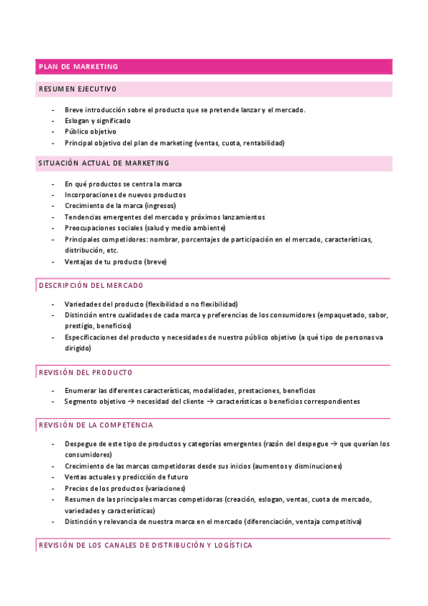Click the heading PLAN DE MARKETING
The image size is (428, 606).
point(78,66)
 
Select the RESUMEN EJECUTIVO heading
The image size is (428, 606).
point(77,89)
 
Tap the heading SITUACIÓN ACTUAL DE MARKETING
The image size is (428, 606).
point(104,163)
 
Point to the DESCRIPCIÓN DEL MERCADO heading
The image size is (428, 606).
point(90,285)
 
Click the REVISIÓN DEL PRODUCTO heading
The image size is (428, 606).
point(85,372)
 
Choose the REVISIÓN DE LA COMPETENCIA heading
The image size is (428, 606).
point(94,425)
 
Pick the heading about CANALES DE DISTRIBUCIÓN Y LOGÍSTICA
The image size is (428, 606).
point(145,545)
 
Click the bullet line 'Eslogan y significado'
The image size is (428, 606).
point(97,121)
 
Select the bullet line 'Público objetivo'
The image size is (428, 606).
point(90,131)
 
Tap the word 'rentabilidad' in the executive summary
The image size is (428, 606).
point(262,143)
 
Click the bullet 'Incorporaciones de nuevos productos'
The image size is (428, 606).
point(125,194)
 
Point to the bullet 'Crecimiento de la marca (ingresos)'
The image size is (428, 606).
point(120,206)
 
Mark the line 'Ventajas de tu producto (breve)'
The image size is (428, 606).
point(115,262)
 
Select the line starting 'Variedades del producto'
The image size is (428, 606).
point(151,304)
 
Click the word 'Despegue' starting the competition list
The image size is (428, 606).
point(81,444)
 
